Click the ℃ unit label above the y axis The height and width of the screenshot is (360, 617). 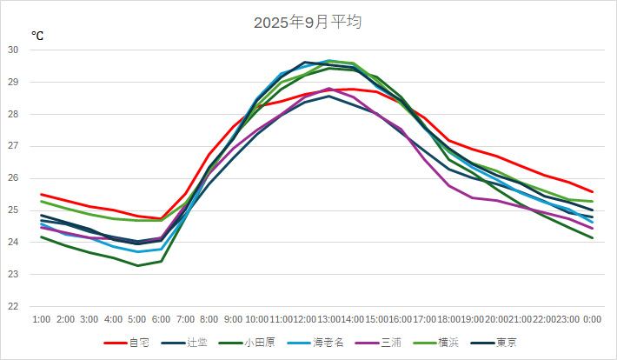tap(37, 36)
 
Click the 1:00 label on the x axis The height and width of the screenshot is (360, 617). tap(42, 320)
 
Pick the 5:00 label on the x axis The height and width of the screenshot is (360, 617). tap(137, 320)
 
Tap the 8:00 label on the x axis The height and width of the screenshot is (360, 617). tap(209, 320)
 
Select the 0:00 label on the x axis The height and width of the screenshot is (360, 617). tap(593, 320)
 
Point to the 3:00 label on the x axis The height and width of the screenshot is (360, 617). tap(90, 320)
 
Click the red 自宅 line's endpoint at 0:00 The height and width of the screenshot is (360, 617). tap(593, 191)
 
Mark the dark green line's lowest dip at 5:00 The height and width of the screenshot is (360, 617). tap(137, 265)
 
